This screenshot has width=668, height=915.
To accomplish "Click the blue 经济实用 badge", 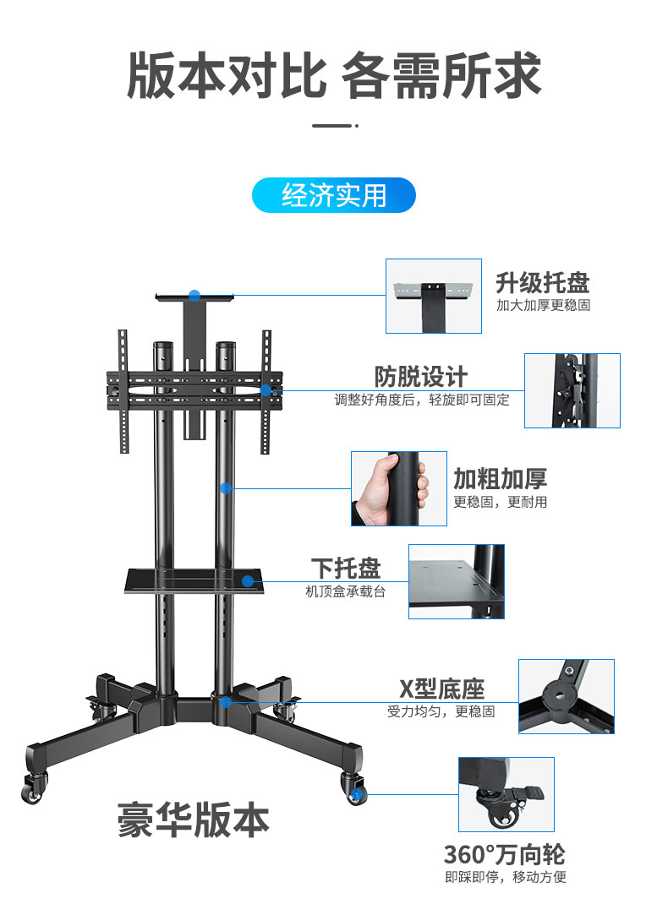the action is [x=334, y=195].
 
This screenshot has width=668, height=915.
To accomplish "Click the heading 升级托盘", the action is [x=542, y=282].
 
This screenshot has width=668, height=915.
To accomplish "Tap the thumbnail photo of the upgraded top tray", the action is [x=434, y=296].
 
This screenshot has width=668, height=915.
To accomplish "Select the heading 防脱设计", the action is [x=420, y=377].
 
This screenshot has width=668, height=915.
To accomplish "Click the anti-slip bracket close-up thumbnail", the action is [x=572, y=390].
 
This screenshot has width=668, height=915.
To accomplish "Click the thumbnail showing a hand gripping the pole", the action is [x=399, y=488].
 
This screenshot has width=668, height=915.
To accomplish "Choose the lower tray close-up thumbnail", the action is [x=457, y=581].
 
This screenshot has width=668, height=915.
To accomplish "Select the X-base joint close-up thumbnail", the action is [x=567, y=696].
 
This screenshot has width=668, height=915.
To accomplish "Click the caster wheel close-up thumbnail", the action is [x=506, y=794].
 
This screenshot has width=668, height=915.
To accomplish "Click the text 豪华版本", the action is [x=194, y=820].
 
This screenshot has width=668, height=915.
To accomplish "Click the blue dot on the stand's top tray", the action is [x=194, y=296].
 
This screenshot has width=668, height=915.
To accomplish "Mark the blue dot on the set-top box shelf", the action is [x=248, y=580].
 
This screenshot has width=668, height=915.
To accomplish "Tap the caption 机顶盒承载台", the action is [x=345, y=591].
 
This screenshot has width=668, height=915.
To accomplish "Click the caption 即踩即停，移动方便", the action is [x=506, y=877].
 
